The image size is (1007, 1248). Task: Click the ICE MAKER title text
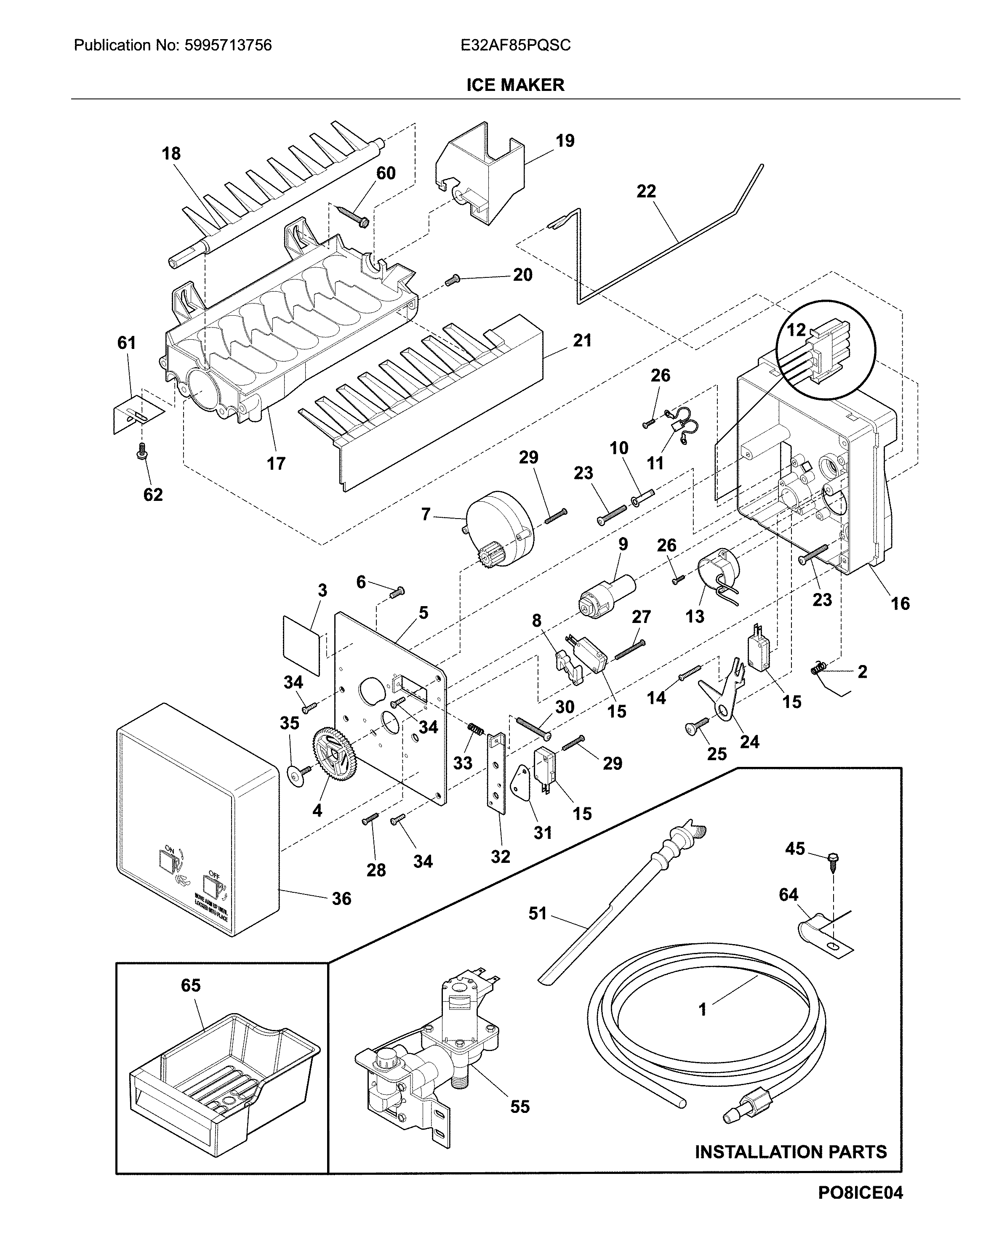pyautogui.click(x=515, y=85)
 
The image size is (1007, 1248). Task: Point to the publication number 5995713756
pyautogui.click(x=227, y=45)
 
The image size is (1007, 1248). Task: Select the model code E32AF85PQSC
pyautogui.click(x=515, y=45)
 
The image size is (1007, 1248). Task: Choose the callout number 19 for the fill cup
pyautogui.click(x=565, y=141)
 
